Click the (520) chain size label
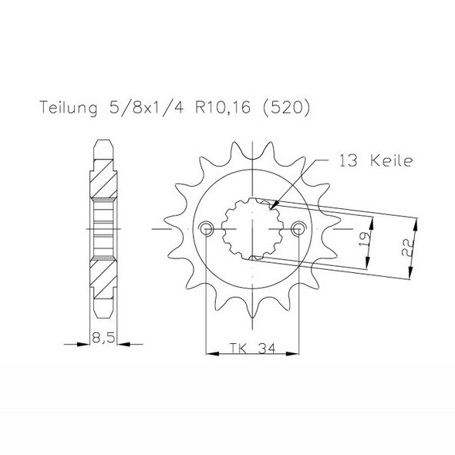point(287,109)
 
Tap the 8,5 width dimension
point(102,337)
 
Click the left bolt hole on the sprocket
point(205,229)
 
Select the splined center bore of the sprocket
point(251,229)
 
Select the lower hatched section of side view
point(103,278)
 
